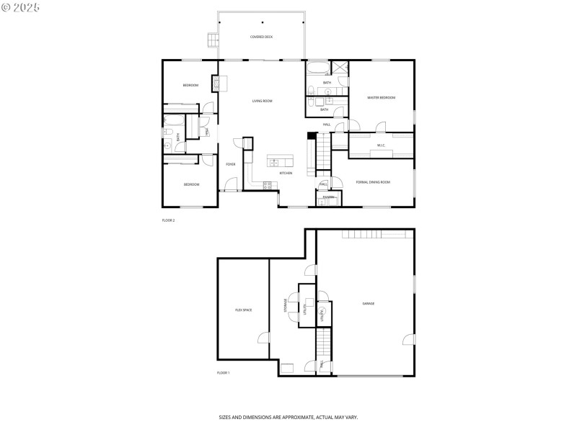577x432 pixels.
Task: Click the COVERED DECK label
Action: pyautogui.click(x=261, y=37)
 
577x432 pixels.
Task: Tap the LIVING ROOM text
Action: pyautogui.click(x=262, y=101)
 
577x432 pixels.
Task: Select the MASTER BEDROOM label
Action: pyautogui.click(x=381, y=97)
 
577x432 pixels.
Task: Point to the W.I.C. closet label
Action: pyautogui.click(x=381, y=145)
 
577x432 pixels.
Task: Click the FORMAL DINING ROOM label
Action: pyautogui.click(x=373, y=182)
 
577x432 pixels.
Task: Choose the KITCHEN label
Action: pyautogui.click(x=286, y=173)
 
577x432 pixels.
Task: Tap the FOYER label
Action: pyautogui.click(x=230, y=164)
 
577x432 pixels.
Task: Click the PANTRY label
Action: pyautogui.click(x=328, y=197)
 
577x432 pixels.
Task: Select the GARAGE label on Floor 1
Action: pyautogui.click(x=368, y=303)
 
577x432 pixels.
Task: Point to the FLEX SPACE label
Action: pyautogui.click(x=243, y=310)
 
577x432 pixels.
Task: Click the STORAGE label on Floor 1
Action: pyautogui.click(x=286, y=305)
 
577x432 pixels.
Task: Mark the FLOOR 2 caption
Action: pyautogui.click(x=168, y=220)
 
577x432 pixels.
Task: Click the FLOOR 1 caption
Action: pyautogui.click(x=223, y=373)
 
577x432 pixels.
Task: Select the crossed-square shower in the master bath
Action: pyautogui.click(x=340, y=68)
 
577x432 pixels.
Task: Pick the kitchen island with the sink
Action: pyautogui.click(x=280, y=160)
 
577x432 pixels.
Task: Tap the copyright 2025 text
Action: pyautogui.click(x=21, y=6)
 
